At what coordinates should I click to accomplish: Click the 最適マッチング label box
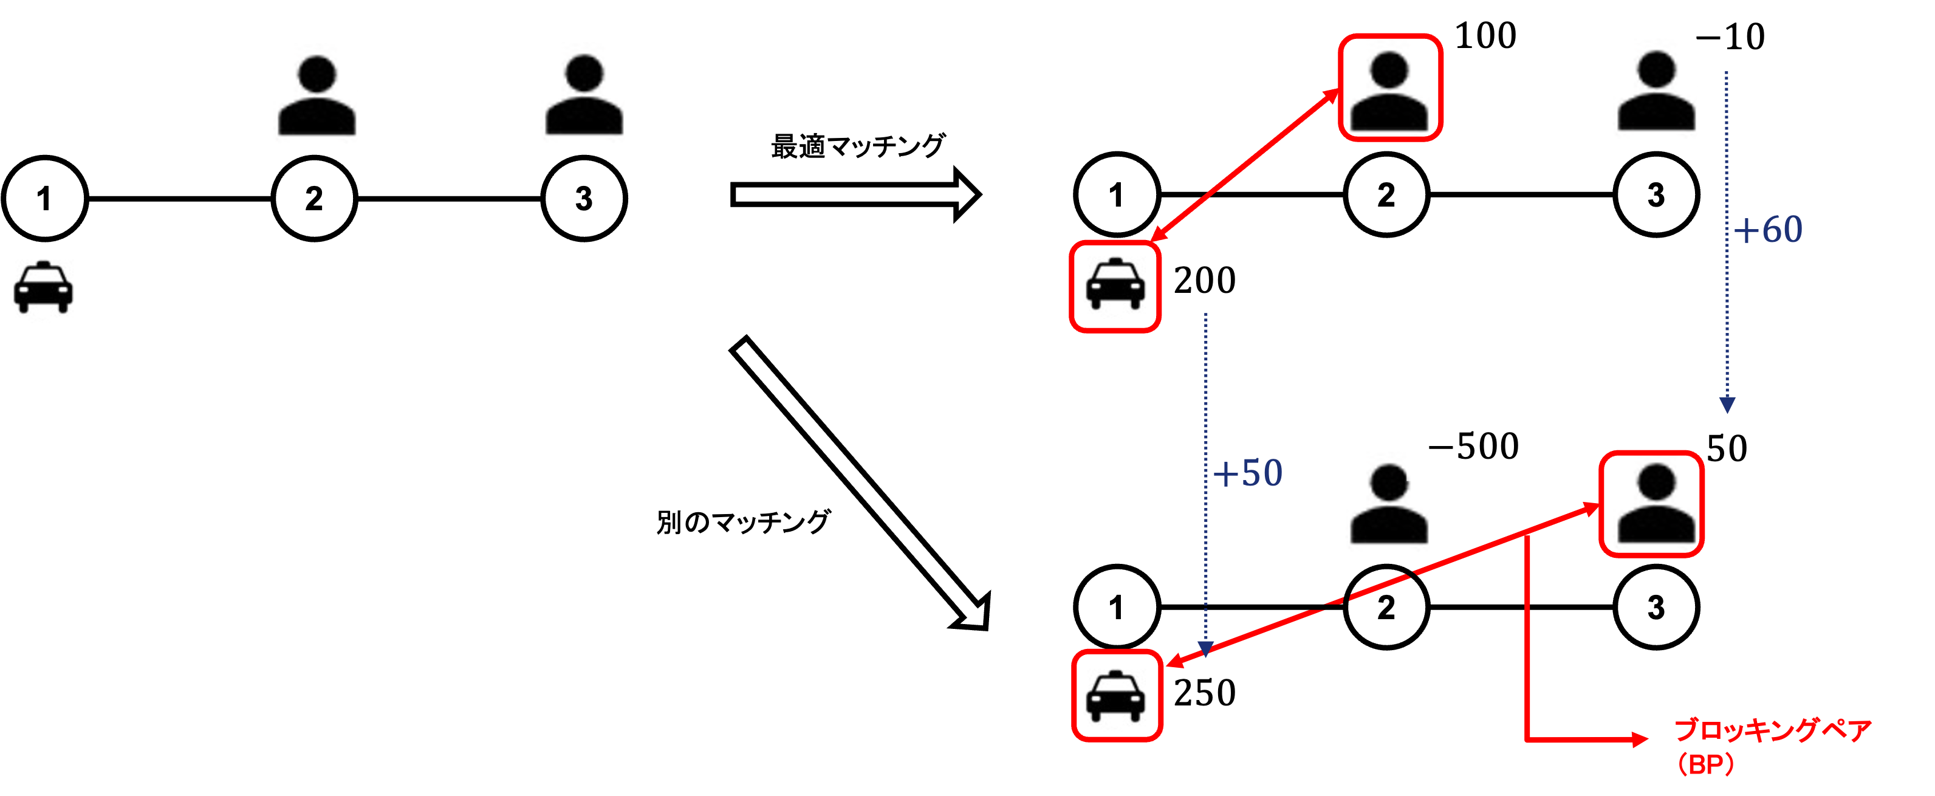858,146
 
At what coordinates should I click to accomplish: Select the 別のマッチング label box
744,522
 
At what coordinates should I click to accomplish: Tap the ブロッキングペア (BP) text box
1792,745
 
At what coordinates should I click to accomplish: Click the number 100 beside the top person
1485,36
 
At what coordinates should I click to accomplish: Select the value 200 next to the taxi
1205,280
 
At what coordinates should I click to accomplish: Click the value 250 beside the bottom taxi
1205,691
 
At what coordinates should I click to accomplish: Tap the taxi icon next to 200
1115,286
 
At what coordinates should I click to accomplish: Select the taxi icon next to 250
1116,695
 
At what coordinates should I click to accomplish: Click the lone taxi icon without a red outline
44,287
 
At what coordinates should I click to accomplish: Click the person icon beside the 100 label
1389,90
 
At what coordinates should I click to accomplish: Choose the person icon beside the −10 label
1655,92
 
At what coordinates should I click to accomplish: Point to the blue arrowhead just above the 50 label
1727,405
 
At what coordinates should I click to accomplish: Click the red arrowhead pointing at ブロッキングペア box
1642,739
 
